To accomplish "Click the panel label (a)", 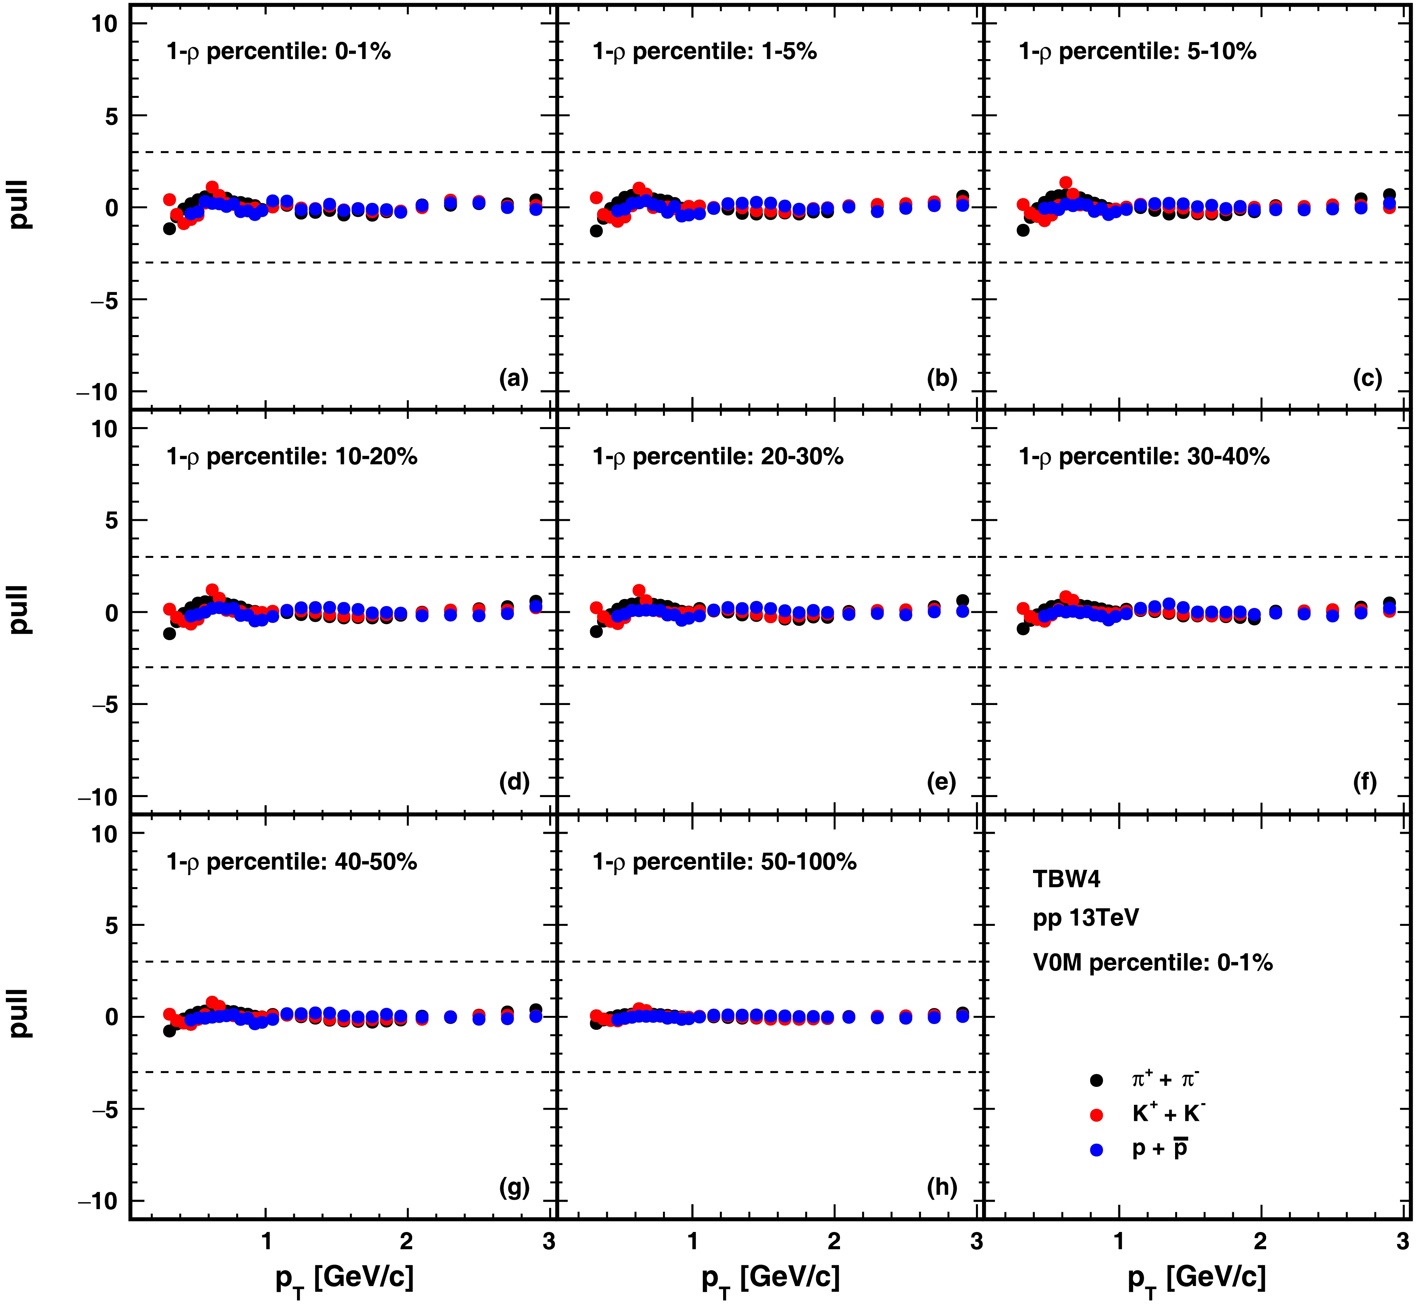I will [x=513, y=379].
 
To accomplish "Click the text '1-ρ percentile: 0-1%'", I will [x=278, y=52].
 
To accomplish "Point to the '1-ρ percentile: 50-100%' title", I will [x=724, y=862].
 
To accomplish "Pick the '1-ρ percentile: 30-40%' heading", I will [x=1143, y=457].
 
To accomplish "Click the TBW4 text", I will [x=1066, y=879].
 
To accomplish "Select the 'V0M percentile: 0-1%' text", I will [x=1152, y=963].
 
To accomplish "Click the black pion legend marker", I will [x=1096, y=1080].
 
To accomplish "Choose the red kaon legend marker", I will [x=1096, y=1115].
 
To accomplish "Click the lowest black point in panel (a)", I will [x=170, y=229].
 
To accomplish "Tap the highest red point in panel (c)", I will [x=1066, y=182].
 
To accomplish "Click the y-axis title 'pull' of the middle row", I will [x=20, y=610].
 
